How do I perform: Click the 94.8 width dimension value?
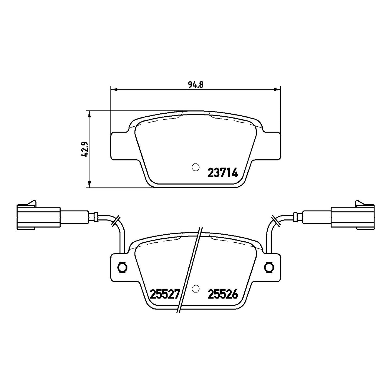pos(196,85)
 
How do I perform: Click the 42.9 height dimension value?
pos(84,149)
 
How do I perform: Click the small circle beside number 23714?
pos(196,167)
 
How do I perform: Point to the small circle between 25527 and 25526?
pos(196,288)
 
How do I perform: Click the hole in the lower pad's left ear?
pos(123,267)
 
